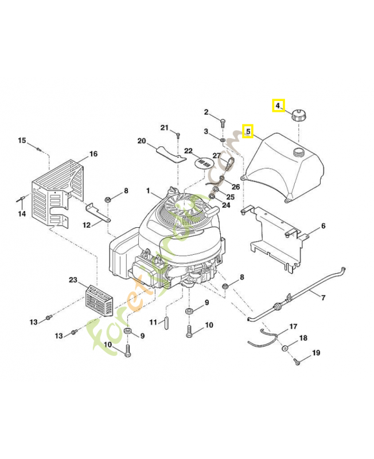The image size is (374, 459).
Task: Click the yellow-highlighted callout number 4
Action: (x=278, y=106)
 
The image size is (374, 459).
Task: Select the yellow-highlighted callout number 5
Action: (x=248, y=131)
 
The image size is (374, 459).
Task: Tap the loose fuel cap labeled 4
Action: (x=299, y=114)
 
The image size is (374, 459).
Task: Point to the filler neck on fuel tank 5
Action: (x=298, y=152)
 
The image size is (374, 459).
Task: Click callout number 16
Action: (x=93, y=154)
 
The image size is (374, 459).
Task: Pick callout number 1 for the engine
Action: (x=147, y=190)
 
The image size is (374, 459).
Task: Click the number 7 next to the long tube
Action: (x=323, y=298)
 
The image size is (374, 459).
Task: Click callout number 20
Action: (x=142, y=141)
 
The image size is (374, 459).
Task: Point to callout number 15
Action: (x=22, y=141)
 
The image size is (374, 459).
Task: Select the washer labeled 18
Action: (x=285, y=348)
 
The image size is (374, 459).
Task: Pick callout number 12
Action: (x=87, y=225)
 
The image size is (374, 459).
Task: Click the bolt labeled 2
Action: (x=223, y=122)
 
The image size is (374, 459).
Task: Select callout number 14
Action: (x=22, y=214)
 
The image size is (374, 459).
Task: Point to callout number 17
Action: (x=293, y=326)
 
